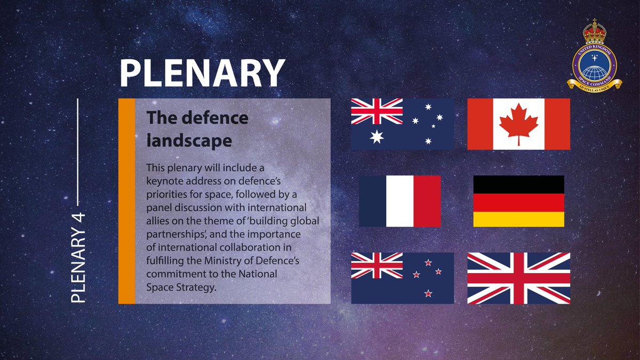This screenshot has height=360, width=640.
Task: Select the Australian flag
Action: click(402, 124)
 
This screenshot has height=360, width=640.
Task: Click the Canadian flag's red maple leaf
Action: click(518, 122)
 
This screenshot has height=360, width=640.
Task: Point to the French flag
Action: click(400, 201)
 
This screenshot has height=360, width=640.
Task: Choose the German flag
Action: click(518, 201)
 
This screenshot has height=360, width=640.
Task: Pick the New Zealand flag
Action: click(402, 278)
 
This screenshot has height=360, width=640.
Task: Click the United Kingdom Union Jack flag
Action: click(518, 278)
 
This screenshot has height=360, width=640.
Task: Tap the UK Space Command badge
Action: click(594, 59)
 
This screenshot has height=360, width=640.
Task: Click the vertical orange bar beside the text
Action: click(126, 201)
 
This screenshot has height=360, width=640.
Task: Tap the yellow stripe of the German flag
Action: click(518, 219)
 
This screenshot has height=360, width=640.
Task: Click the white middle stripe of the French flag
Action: click(399, 201)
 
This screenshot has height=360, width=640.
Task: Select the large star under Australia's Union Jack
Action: click(377, 137)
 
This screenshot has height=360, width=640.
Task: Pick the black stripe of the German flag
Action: click(518, 184)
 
